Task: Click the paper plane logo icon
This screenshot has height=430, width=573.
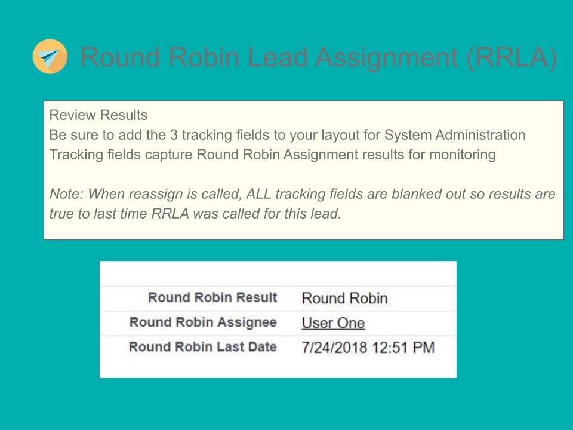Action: click(50, 56)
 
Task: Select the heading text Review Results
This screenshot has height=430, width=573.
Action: click(98, 114)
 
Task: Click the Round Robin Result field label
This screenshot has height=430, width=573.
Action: click(212, 297)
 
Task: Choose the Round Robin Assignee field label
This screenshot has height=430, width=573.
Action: click(203, 322)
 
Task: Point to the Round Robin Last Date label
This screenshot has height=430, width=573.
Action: click(203, 347)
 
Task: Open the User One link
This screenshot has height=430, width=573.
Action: click(333, 323)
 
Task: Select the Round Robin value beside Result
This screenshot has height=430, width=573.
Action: click(344, 298)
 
